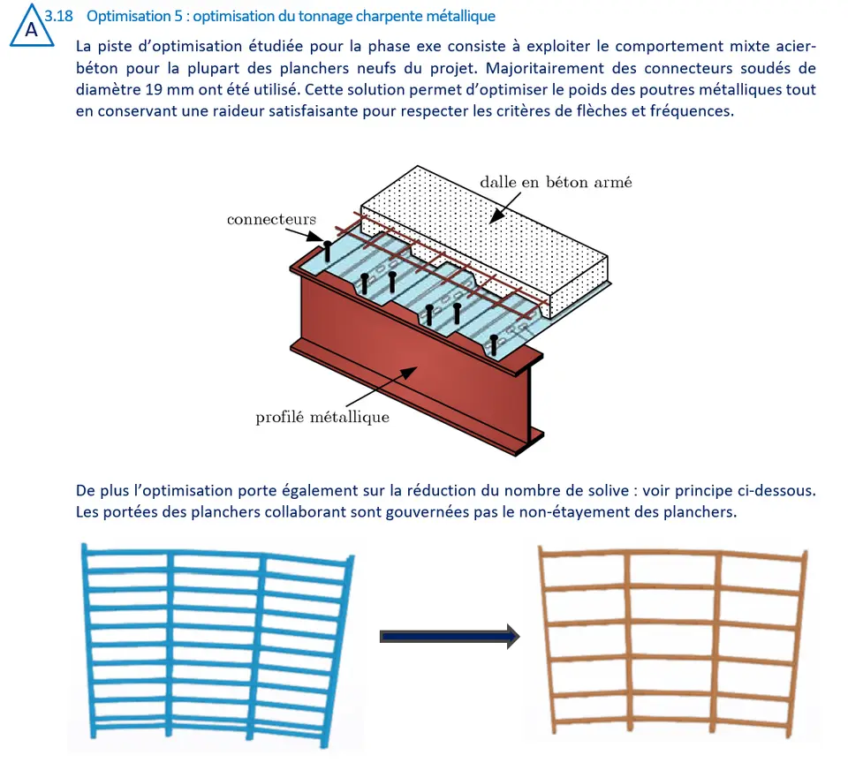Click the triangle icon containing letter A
[32, 26]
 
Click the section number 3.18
[58, 16]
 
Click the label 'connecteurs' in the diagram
[271, 220]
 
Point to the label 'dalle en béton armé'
[556, 182]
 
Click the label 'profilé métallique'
[322, 418]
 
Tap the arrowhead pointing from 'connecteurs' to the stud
[315, 237]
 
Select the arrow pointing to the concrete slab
[505, 208]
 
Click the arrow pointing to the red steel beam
[382, 386]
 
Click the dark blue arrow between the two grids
[450, 637]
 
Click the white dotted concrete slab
[485, 240]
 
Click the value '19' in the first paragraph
[154, 90]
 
